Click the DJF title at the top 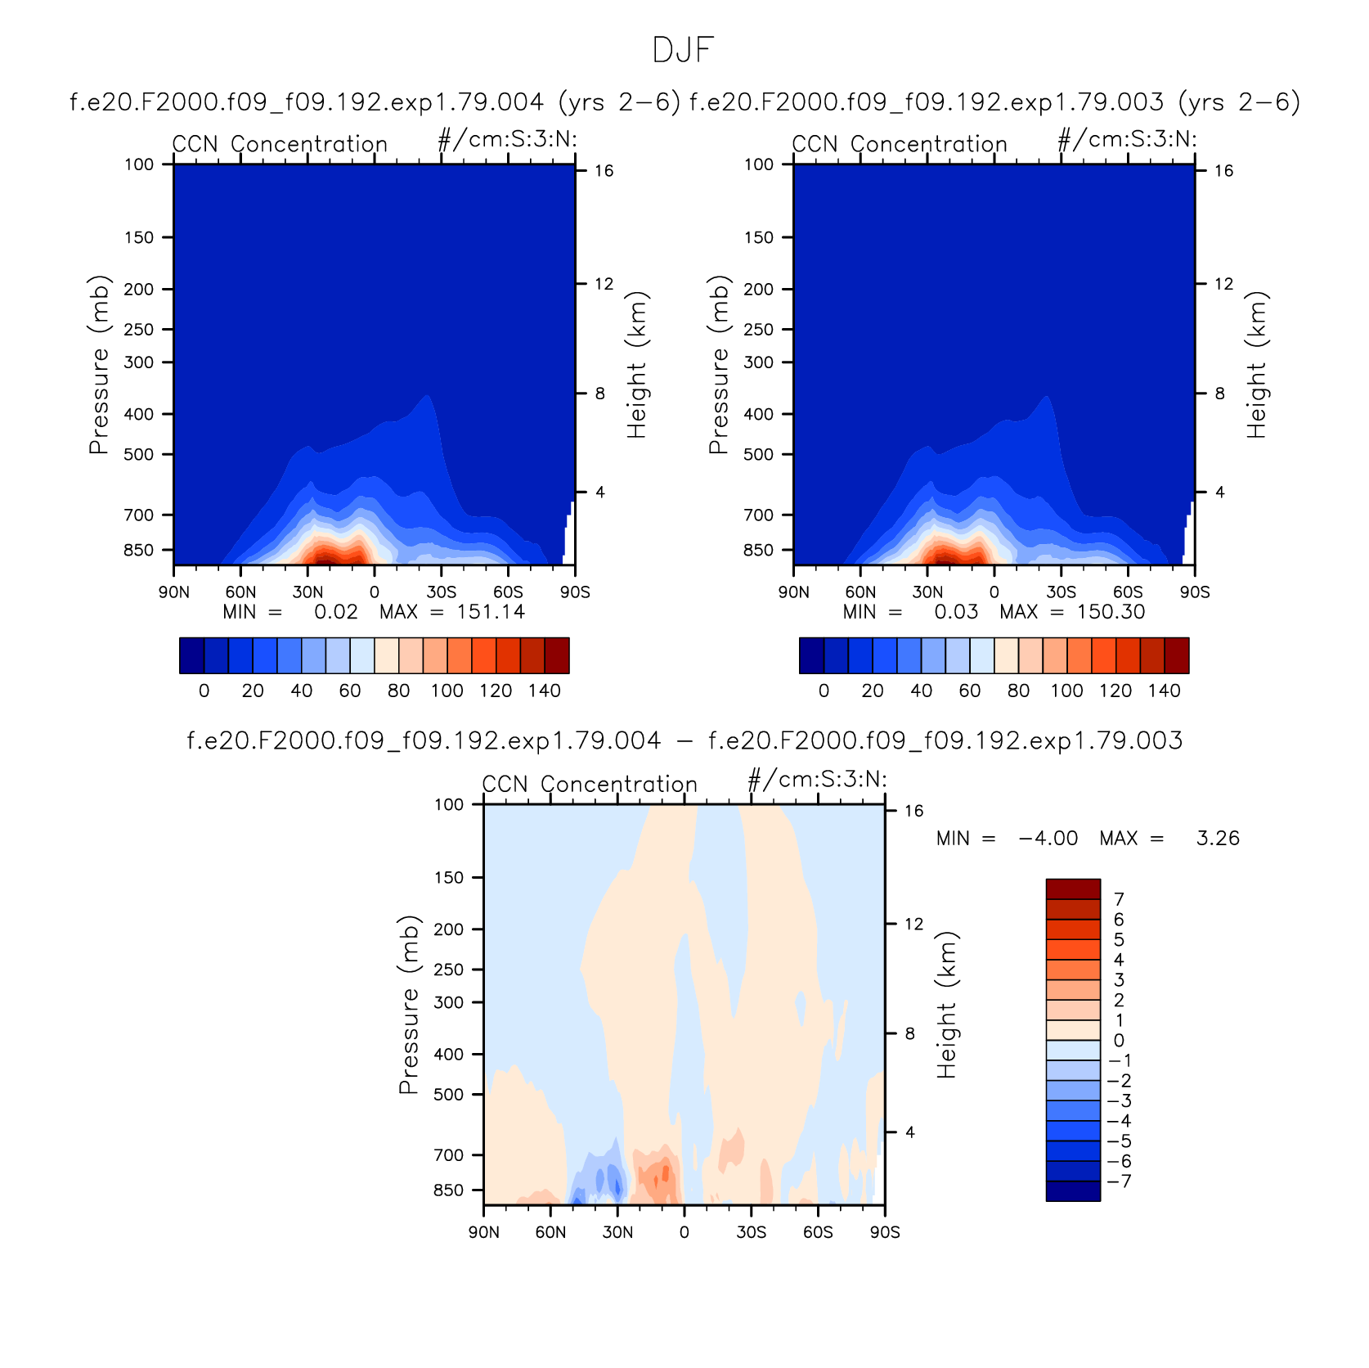coord(684,51)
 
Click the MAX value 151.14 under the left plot coord(491,612)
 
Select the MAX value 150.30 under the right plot coord(1111,612)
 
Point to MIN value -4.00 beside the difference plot coord(1048,839)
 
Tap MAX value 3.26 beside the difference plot coord(1218,839)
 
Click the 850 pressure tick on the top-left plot coord(138,550)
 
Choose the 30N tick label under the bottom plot coord(617,1232)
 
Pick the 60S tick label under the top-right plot coord(1128,592)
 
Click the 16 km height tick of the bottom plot coord(913,811)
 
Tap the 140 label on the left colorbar coord(545,691)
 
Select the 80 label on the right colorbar coord(1018,691)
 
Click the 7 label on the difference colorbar coord(1119,899)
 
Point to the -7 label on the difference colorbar coord(1119,1181)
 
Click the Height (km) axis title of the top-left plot coord(637,365)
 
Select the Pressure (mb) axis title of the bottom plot coord(408,1005)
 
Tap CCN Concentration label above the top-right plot coord(900,144)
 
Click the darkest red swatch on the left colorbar coord(557,655)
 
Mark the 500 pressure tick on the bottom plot coord(448,1094)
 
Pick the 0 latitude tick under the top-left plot coord(375,592)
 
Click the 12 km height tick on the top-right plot coord(1223,284)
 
